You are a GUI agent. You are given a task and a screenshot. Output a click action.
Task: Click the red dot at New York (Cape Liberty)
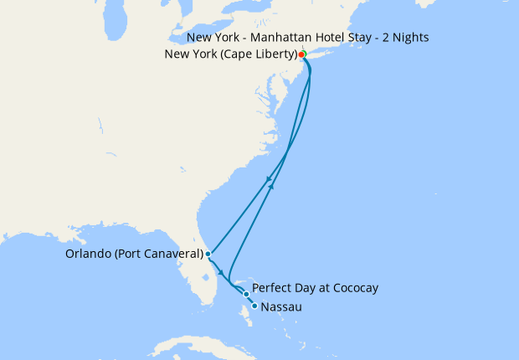tap(301, 55)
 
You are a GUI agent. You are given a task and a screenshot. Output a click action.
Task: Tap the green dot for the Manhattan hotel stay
tap(304, 54)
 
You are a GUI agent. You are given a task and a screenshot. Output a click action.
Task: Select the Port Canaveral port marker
tap(207, 254)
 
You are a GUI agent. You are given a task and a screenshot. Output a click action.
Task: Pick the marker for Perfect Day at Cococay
tap(245, 294)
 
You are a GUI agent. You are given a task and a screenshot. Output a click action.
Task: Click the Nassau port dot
tap(254, 307)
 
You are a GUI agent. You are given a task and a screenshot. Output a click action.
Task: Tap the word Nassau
tap(281, 307)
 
